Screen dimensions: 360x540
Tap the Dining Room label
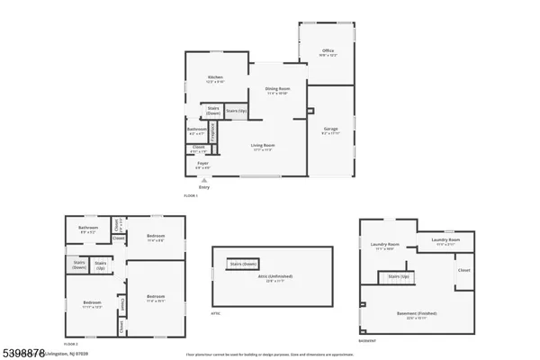click(276, 90)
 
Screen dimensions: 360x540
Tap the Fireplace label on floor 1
click(212, 131)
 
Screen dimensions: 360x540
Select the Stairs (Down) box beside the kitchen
click(213, 112)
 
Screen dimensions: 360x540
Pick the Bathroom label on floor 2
click(87, 229)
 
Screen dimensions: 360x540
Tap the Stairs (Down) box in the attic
click(243, 264)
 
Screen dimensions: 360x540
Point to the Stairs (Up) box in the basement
click(399, 277)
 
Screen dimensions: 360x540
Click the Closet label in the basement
click(463, 270)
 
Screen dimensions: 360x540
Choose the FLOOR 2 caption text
click(71, 345)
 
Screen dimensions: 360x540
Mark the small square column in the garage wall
click(309, 112)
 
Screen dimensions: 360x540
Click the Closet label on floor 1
click(199, 148)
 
